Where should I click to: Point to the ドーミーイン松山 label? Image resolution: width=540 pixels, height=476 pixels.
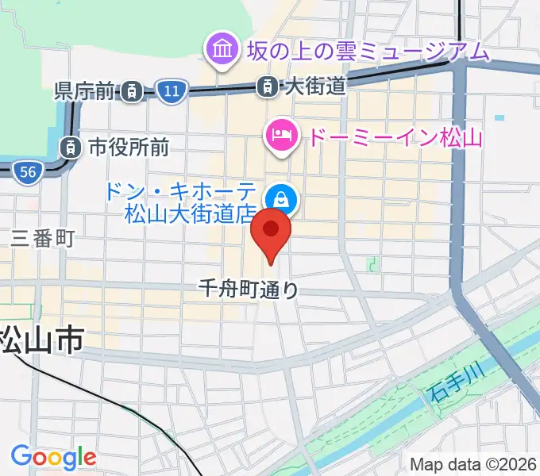point(395,138)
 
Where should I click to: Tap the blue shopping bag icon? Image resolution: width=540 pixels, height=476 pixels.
point(281,198)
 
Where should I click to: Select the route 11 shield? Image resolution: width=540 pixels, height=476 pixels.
point(171,91)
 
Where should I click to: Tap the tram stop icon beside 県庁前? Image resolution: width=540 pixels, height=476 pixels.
point(133,92)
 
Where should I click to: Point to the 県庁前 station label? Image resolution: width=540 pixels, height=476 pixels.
point(84,91)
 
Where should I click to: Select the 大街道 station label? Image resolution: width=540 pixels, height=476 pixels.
point(315,86)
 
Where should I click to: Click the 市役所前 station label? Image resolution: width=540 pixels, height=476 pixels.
point(128,147)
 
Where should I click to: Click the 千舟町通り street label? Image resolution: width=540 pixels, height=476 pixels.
point(249,290)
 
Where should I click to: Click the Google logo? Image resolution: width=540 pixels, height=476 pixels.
point(53,457)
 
